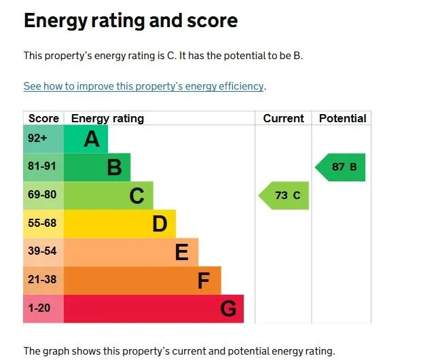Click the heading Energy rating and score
130,20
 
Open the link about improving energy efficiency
143,86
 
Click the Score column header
43,118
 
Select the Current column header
283,118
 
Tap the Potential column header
342,118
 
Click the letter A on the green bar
91,139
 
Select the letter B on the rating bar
114,168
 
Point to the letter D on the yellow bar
160,224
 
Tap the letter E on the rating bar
181,253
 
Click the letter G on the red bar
228,310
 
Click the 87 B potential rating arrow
342,167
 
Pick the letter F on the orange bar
204,281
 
